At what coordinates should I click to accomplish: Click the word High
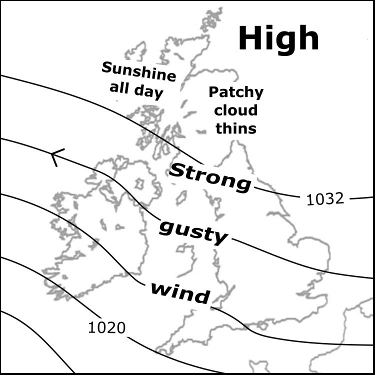[278, 38]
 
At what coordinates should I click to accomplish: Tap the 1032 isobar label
[325, 199]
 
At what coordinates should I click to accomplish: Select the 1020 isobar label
[106, 327]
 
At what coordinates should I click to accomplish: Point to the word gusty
[193, 232]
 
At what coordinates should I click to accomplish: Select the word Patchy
[235, 92]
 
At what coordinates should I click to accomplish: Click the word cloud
[236, 110]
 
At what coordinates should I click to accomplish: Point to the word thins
[236, 128]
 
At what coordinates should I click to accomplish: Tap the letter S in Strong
[177, 171]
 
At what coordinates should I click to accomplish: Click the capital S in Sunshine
[106, 67]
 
